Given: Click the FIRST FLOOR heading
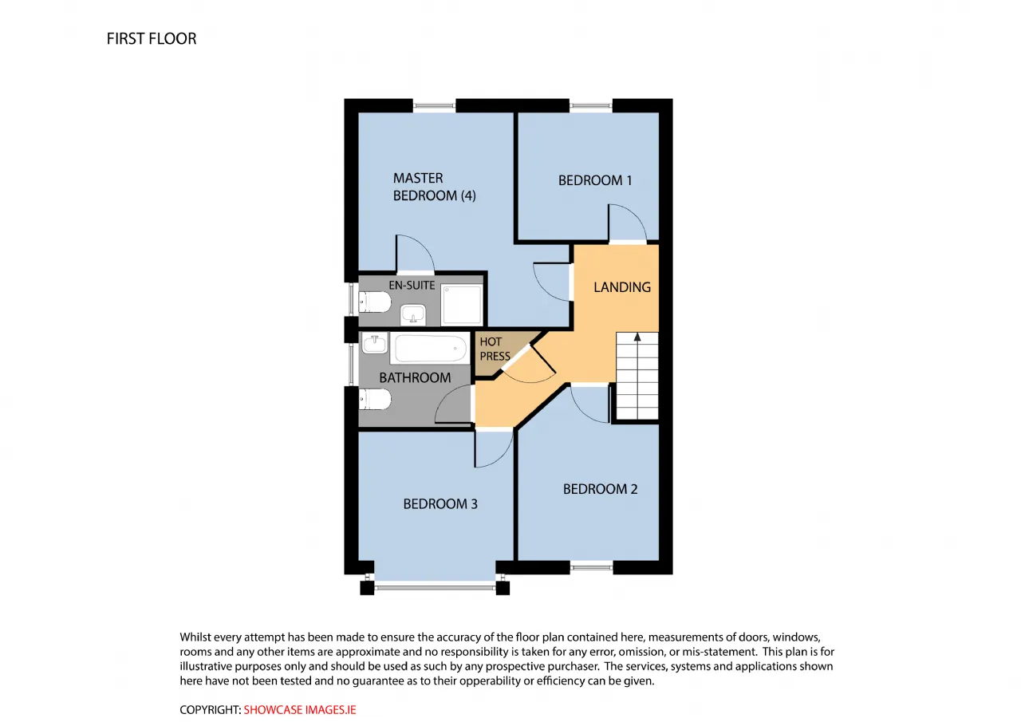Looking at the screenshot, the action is tap(152, 39).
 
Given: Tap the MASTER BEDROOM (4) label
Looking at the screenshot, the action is tap(435, 187).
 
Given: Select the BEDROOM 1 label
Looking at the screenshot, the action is tap(595, 180).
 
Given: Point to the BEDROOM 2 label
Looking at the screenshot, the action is tap(600, 489).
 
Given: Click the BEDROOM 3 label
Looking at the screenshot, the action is tap(440, 503).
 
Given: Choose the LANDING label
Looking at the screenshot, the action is tap(621, 287).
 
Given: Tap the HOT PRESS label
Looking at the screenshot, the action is tap(495, 349).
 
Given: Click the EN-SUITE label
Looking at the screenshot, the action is tap(412, 286).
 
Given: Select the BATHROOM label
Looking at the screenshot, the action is tap(415, 377).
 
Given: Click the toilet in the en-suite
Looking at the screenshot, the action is tap(375, 302).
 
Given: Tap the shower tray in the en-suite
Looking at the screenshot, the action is tap(462, 305).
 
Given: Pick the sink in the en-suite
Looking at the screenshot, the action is tap(413, 314).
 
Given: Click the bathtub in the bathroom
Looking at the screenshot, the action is tap(430, 349).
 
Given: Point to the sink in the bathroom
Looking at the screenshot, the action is tap(375, 343).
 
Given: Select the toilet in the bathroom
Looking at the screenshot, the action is tap(375, 399).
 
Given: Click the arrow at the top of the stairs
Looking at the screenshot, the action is tap(637, 337).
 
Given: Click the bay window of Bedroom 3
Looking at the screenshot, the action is tap(435, 588).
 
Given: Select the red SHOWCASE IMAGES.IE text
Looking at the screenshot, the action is tap(299, 710).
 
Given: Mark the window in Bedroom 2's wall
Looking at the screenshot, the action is tap(591, 567).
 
